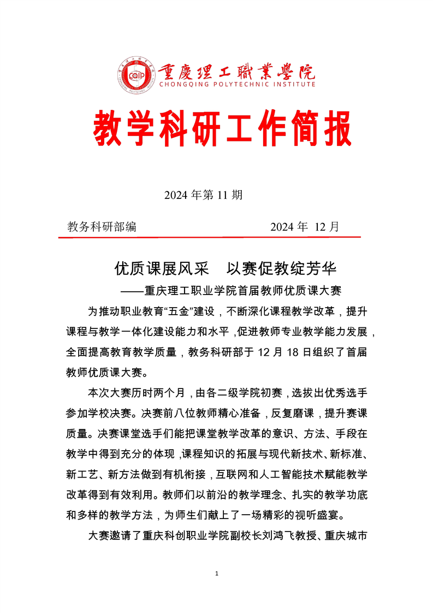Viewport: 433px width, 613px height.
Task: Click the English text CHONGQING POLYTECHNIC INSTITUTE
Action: pyautogui.click(x=237, y=84)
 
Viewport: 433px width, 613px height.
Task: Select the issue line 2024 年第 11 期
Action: pyautogui.click(x=203, y=196)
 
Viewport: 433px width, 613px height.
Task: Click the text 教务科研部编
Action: pyautogui.click(x=102, y=227)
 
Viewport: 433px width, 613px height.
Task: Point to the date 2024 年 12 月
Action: pyautogui.click(x=304, y=227)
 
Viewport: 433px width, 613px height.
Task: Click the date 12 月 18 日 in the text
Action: pyautogui.click(x=257, y=353)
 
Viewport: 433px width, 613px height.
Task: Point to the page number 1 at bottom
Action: pyautogui.click(x=217, y=574)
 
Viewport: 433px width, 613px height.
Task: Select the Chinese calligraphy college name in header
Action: pyautogui.click(x=237, y=71)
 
